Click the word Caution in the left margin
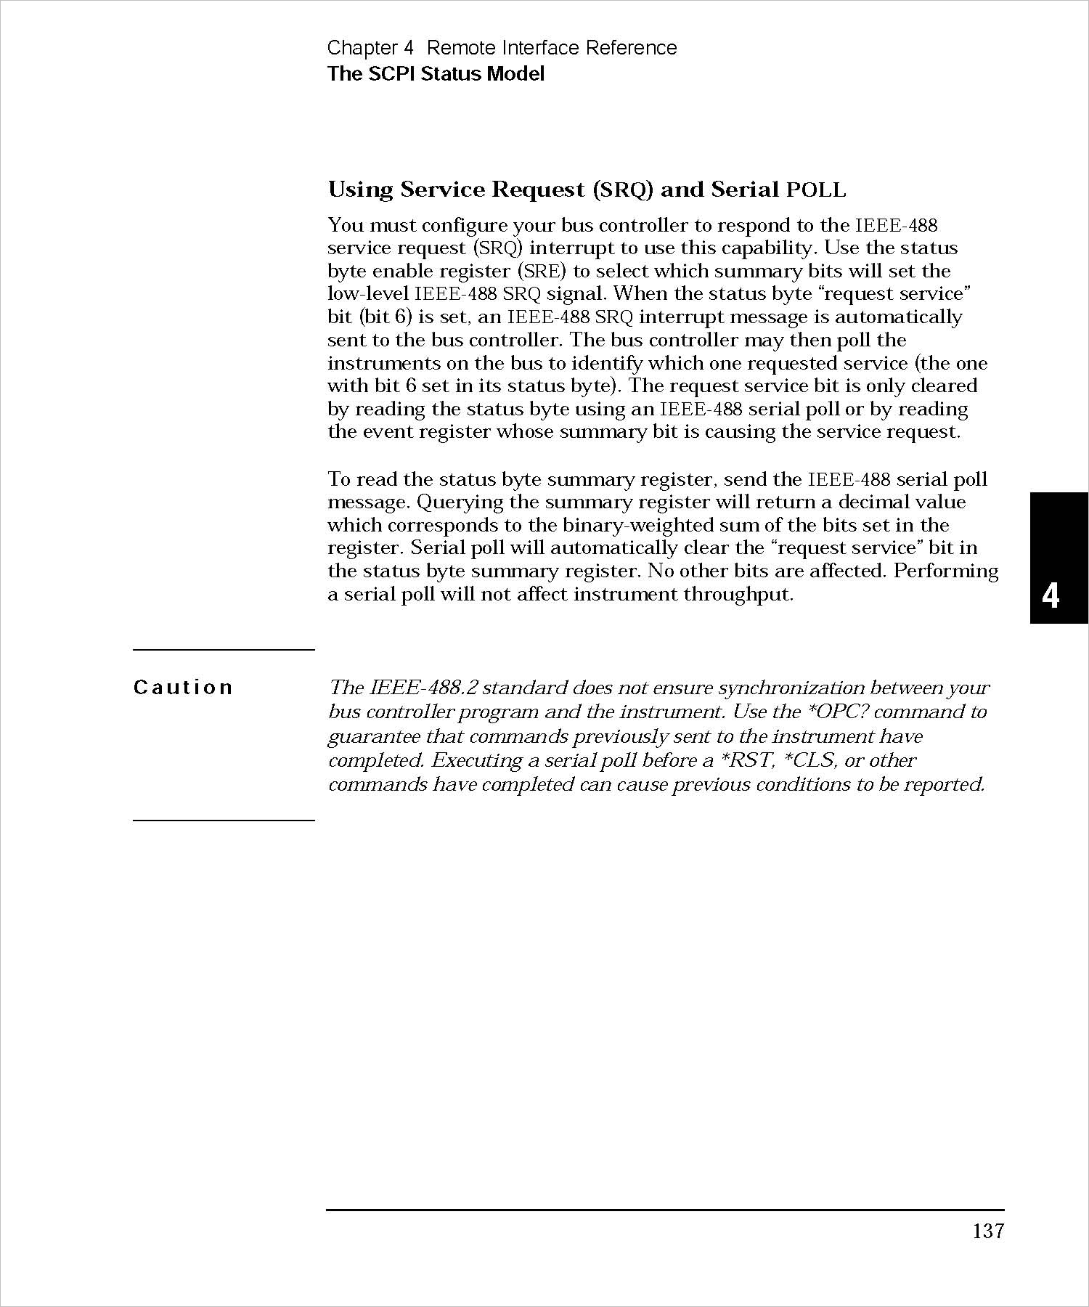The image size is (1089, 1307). tap(183, 687)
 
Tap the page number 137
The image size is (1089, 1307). tap(988, 1231)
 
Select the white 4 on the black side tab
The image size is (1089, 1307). tap(1051, 596)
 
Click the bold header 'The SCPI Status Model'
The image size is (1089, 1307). tap(436, 74)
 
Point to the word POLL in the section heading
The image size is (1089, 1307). tap(816, 190)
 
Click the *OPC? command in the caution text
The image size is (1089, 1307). tap(853, 712)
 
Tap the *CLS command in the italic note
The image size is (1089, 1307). tap(806, 760)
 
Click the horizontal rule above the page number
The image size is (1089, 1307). tap(665, 1210)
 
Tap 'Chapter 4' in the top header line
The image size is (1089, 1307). tap(370, 48)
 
